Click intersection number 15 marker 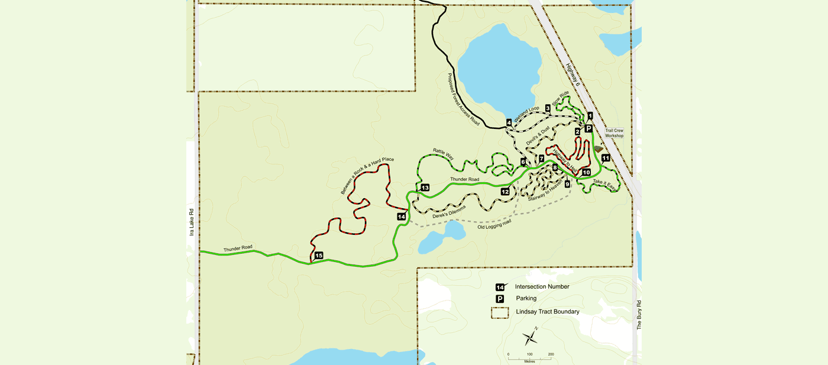(319, 256)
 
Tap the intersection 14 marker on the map (402, 217)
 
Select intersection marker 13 (425, 188)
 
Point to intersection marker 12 (505, 192)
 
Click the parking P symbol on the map (588, 128)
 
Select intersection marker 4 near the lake (509, 122)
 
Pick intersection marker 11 (606, 158)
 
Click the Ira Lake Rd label (192, 222)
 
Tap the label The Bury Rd (639, 315)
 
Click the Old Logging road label (494, 224)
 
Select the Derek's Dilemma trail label (449, 212)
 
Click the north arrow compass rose (531, 338)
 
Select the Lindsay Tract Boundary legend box (500, 312)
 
